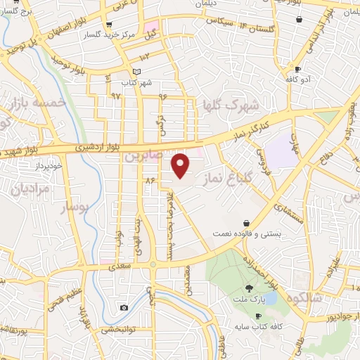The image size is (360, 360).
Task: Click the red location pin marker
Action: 181,165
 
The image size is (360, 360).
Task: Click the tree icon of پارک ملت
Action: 248,288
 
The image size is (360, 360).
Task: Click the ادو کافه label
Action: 297,79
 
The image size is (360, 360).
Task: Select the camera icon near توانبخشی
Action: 124,307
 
